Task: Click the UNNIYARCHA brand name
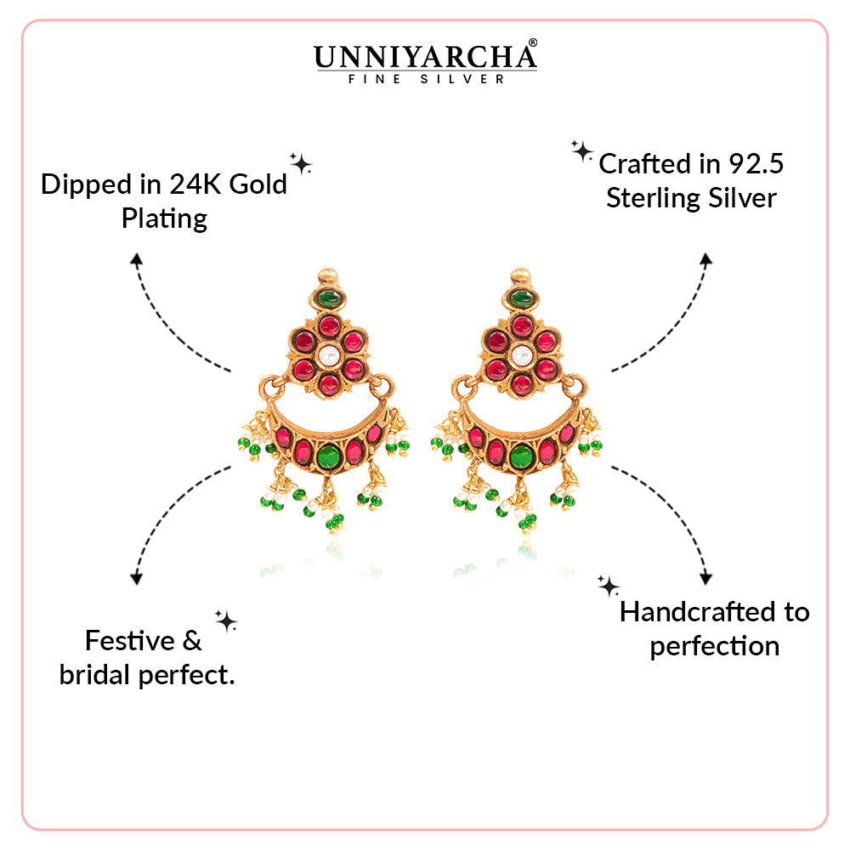[423, 57]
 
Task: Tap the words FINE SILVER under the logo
[426, 79]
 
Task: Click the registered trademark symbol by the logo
[533, 42]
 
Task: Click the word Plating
[164, 218]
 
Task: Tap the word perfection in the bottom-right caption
[714, 646]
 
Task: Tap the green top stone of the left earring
[329, 297]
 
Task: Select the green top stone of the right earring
[522, 298]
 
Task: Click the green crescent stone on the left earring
[327, 457]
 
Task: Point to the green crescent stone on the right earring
[523, 457]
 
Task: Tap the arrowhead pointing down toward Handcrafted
[705, 578]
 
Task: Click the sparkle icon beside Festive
[226, 621]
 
